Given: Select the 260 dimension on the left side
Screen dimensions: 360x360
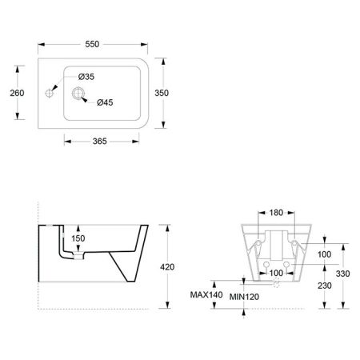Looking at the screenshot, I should (17, 93).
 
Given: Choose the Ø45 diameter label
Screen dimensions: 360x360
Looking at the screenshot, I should (106, 102).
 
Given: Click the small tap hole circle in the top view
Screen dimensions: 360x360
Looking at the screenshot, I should (50, 94).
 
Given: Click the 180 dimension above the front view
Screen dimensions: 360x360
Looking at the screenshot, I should (275, 212).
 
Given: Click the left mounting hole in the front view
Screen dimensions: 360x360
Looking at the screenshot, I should (265, 262).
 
